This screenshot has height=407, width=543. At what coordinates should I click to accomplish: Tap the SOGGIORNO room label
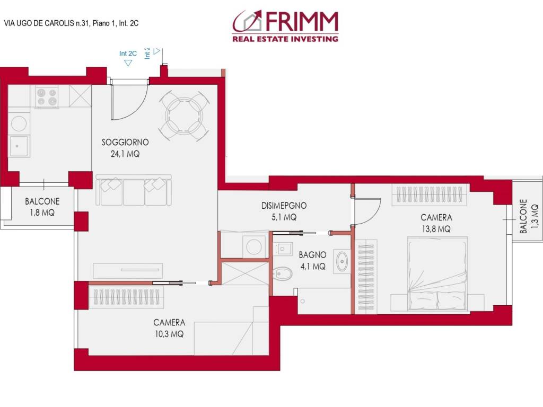125,142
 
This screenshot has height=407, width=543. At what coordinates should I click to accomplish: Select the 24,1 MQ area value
125,154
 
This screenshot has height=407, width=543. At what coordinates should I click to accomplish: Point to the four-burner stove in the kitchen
47,97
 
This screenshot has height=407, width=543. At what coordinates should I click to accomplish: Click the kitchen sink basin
19,146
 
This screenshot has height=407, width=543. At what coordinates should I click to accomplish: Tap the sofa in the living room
134,190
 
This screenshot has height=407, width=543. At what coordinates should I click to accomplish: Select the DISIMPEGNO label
284,206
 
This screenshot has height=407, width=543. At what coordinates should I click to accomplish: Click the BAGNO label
312,255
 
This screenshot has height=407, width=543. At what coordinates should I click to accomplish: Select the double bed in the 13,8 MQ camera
436,273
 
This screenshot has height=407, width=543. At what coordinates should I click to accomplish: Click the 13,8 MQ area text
436,229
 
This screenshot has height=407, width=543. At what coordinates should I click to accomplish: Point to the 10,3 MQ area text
169,334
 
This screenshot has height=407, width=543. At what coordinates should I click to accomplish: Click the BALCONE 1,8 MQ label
42,207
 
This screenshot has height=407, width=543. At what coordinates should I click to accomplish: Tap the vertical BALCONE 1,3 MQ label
528,216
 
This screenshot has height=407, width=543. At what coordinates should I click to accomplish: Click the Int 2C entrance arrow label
128,54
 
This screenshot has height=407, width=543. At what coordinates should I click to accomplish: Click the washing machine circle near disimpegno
254,247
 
